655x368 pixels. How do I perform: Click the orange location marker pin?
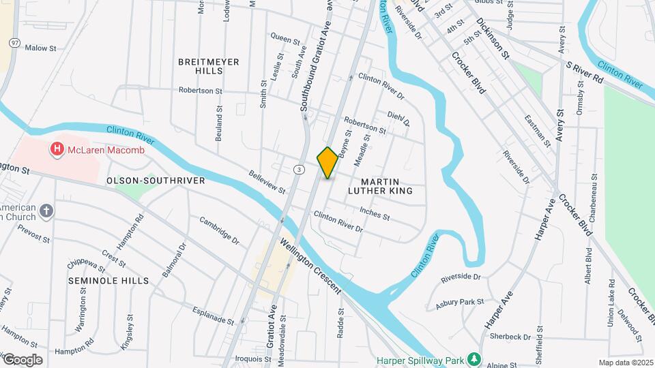327,163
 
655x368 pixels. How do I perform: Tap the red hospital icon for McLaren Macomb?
57,148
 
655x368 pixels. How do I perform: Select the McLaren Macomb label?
105,150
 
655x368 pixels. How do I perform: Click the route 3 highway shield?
299,169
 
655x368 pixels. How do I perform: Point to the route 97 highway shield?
14,42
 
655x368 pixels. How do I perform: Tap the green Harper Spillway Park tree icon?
474,359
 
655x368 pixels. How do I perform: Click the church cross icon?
46,211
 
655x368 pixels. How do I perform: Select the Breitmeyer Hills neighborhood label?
209,66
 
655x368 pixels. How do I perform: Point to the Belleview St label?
267,182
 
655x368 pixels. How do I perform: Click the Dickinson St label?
493,40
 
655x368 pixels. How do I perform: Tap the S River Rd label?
585,72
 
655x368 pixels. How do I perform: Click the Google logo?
23,360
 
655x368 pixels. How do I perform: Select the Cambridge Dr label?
220,230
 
